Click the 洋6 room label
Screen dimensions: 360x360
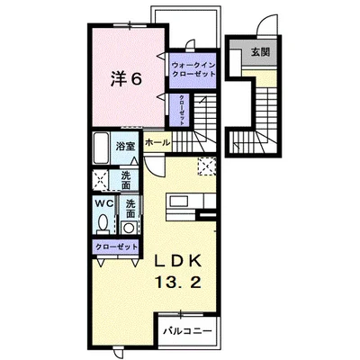pos(126,79)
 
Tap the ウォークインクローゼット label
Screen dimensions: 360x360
pos(193,69)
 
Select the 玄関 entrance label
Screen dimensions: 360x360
pos(260,52)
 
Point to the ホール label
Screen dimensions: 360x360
pos(157,143)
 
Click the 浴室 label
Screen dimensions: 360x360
pos(126,147)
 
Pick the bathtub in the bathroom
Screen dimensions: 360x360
pos(101,148)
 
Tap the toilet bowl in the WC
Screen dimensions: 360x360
pos(103,222)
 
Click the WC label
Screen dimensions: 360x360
pos(104,203)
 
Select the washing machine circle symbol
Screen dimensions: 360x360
pos(130,228)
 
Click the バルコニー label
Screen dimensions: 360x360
pos(187,331)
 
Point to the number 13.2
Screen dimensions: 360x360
pos(177,283)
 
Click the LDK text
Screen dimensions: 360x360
pos(177,262)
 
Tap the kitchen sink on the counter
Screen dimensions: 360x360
pos(178,201)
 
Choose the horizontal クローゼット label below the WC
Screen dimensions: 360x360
pos(116,247)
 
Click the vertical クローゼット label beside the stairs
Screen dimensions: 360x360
pos(182,110)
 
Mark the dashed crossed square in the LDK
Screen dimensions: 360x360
pos(207,166)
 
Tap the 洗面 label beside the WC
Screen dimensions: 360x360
pos(130,209)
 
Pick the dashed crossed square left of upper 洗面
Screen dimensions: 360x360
pos(101,180)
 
